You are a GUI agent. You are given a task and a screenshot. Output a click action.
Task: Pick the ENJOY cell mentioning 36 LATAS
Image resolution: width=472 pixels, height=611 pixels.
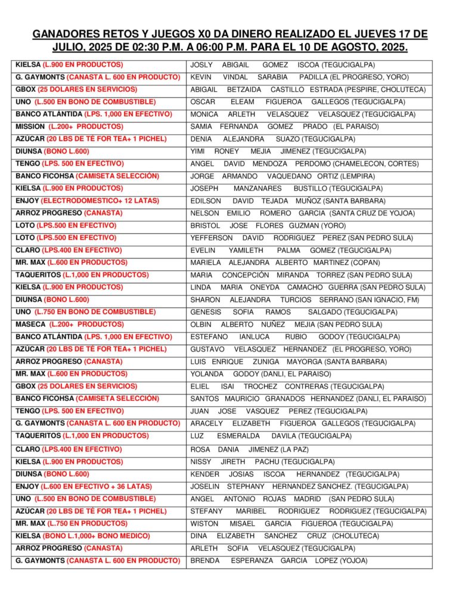(83, 486)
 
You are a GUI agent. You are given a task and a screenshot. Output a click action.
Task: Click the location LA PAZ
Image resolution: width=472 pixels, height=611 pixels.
(292, 449)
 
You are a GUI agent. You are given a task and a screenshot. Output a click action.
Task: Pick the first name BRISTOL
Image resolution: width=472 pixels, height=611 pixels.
(205, 226)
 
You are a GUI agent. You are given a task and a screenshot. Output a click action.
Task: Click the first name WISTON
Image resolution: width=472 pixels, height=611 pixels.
(204, 523)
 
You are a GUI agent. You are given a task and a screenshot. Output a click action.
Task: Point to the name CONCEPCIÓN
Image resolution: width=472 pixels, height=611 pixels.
(245, 275)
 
